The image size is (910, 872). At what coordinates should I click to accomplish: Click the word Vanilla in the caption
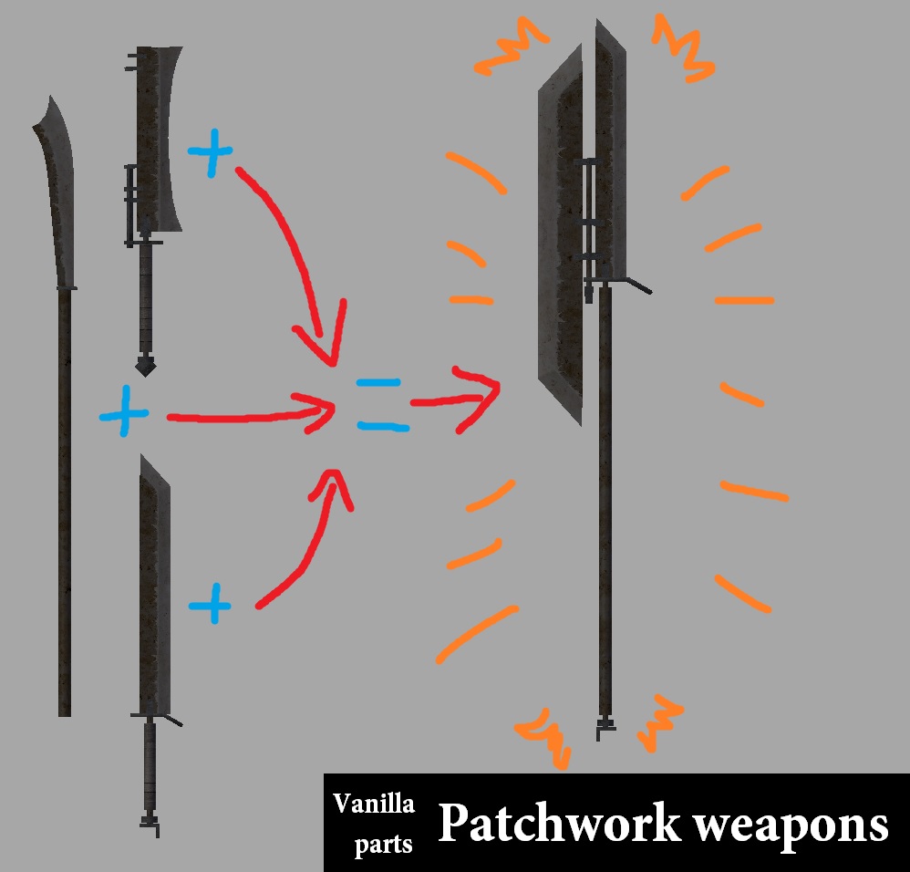tap(373, 804)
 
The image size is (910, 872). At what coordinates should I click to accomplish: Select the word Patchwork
tap(559, 824)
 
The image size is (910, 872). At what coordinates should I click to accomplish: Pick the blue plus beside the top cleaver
tap(210, 152)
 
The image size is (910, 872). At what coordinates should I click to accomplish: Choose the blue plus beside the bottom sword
tap(210, 603)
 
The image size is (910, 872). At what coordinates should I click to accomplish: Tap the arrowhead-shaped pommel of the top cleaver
tap(145, 367)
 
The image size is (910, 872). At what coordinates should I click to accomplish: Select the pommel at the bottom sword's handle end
tap(150, 824)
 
